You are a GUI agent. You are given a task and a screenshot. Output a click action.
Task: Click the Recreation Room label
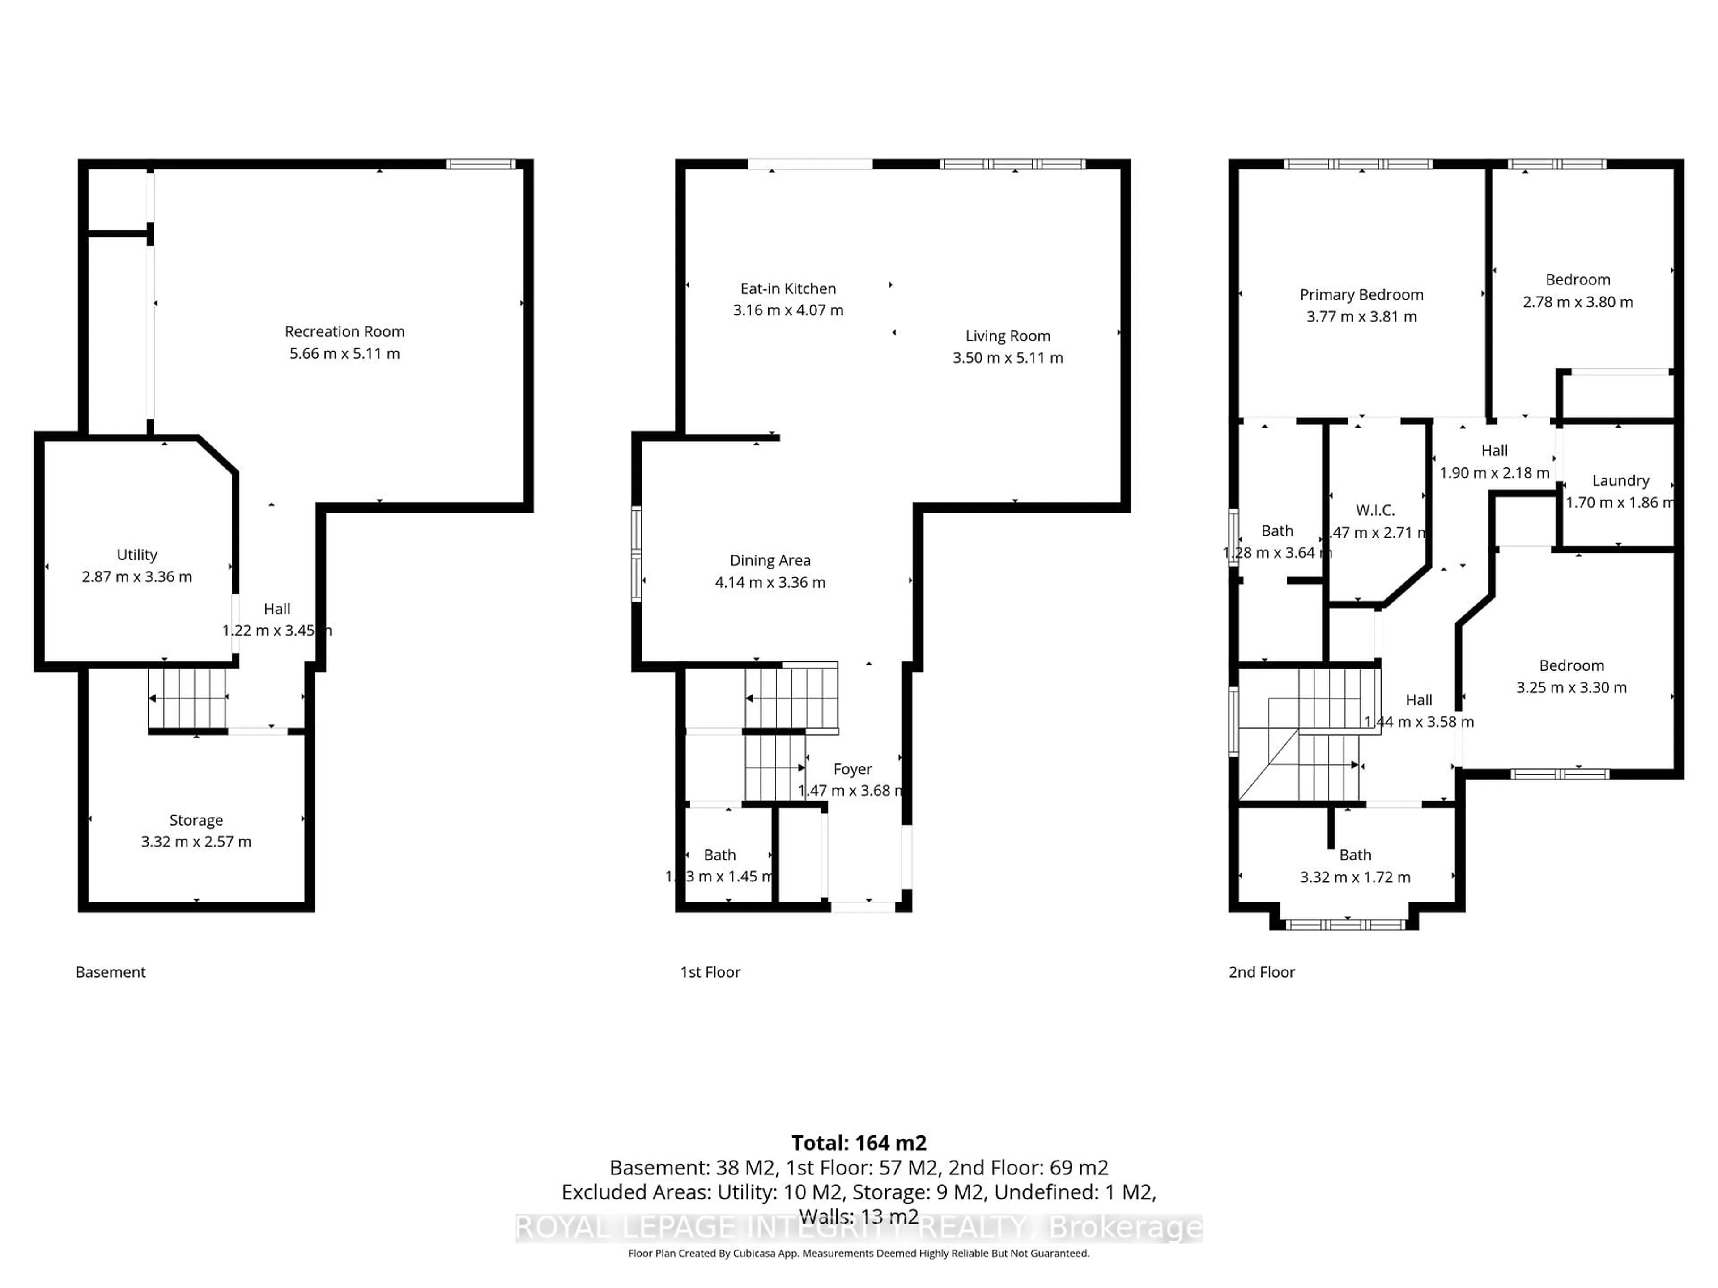344,331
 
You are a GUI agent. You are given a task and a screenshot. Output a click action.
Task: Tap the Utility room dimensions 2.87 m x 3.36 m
137,577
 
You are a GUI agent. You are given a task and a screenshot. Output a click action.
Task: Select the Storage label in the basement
196,820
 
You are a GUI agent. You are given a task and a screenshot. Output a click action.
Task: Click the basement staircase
187,699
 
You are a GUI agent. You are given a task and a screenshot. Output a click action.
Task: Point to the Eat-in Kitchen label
787,289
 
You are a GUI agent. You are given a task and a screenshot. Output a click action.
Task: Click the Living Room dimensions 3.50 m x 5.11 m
1008,358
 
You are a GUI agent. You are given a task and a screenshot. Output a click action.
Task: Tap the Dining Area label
770,560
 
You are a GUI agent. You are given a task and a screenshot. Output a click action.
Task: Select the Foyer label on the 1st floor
852,769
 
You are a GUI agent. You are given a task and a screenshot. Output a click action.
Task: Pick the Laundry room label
1620,481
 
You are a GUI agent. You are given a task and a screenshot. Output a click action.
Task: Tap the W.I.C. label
1375,510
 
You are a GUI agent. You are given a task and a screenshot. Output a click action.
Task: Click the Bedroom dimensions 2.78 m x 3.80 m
1578,302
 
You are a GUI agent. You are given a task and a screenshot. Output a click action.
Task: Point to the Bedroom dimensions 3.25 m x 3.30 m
1571,687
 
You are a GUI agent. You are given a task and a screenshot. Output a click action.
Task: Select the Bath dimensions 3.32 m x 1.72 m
1355,877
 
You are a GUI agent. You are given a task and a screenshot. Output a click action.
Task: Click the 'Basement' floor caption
111,972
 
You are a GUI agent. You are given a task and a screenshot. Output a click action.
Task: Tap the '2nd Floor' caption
1261,972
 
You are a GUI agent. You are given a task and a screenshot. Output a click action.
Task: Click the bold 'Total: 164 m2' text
858,1143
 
